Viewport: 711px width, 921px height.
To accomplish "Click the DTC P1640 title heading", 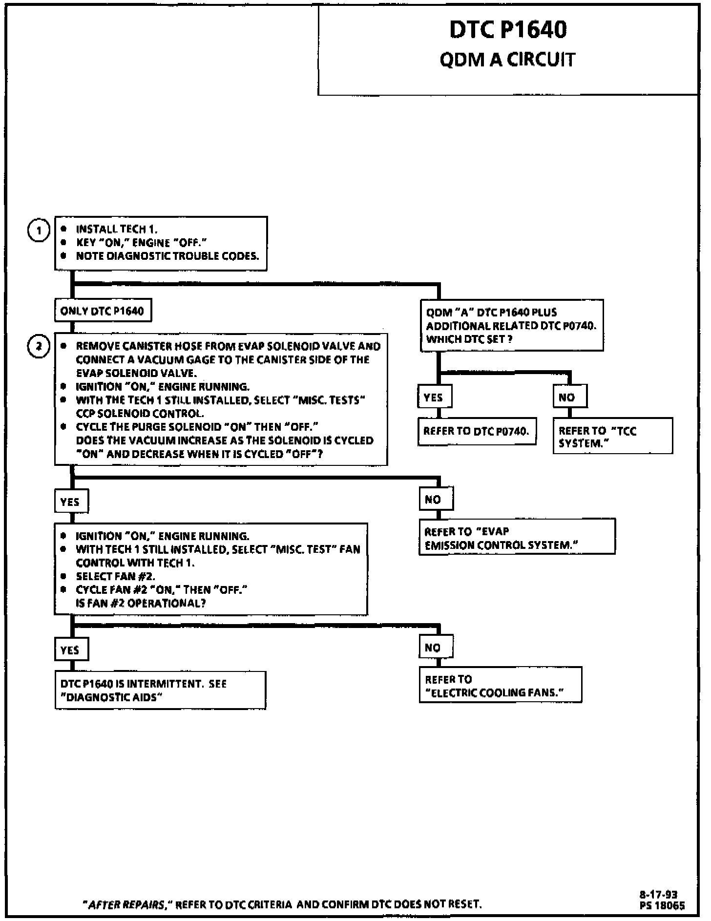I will click(x=508, y=30).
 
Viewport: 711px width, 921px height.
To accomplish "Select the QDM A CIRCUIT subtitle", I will click(x=507, y=60).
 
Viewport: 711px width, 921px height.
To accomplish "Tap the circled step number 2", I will click(x=39, y=347).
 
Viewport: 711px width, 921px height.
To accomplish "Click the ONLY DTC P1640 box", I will click(x=103, y=311).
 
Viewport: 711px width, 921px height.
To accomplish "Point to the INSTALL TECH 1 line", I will click(x=117, y=229).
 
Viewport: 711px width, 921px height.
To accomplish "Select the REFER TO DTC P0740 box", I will click(x=477, y=431).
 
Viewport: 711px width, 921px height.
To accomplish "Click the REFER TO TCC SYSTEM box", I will click(x=612, y=437).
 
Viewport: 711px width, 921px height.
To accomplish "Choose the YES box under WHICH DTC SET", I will click(x=434, y=397).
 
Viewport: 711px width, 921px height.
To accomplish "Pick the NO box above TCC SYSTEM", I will click(x=569, y=397).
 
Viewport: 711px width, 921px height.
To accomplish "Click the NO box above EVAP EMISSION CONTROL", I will click(x=436, y=500).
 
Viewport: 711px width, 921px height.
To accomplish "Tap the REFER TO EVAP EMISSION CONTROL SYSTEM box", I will click(x=517, y=538).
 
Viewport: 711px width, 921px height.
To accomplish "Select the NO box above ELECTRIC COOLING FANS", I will click(x=436, y=648).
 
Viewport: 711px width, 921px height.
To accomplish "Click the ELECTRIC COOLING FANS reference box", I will click(x=500, y=686).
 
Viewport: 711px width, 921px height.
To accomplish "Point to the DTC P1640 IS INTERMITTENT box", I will click(x=160, y=690).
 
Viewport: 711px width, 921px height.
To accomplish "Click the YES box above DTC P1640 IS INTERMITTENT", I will click(x=70, y=649).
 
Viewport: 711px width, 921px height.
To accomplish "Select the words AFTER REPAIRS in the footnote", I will click(x=126, y=904).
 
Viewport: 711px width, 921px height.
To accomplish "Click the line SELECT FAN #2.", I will click(x=115, y=576).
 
